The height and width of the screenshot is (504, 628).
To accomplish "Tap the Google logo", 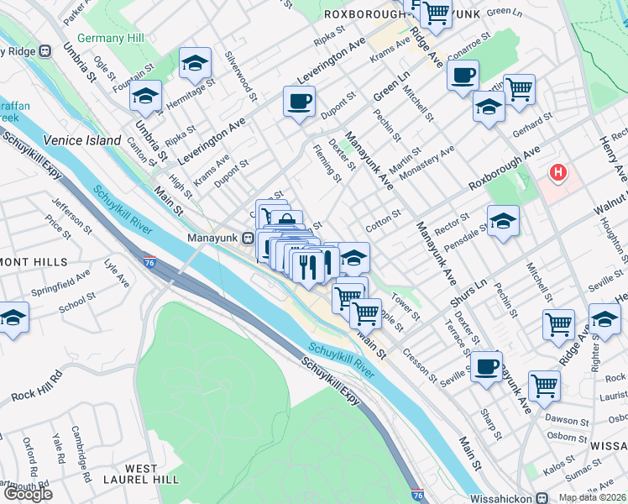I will (x=27, y=494).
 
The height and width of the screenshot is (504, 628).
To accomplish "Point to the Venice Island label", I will (x=82, y=140).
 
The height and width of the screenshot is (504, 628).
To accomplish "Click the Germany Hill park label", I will (x=109, y=38).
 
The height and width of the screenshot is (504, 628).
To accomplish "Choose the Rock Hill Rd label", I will (x=34, y=384).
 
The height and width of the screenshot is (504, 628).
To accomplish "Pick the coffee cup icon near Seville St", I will (x=486, y=366).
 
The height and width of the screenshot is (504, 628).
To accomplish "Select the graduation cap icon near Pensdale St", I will (x=503, y=221).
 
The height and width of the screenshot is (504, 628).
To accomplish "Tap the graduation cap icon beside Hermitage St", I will (x=195, y=63).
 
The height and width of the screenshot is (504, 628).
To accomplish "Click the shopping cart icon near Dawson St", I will (x=544, y=385).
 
